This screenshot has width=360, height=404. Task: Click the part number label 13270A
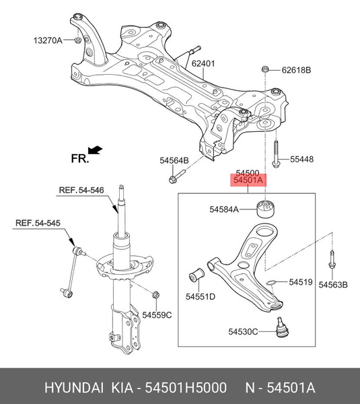[x=48, y=40]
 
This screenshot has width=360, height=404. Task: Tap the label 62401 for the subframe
[x=203, y=63]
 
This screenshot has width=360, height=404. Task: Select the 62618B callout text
[x=296, y=70]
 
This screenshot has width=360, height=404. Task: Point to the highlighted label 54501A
[x=248, y=180]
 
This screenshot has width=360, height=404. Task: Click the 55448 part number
[x=302, y=159]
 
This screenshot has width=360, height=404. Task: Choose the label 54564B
[x=174, y=160]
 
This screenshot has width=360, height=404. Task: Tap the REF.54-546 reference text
[x=81, y=190]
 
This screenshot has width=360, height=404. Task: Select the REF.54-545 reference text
[x=38, y=223]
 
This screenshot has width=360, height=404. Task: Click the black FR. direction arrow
[x=95, y=149]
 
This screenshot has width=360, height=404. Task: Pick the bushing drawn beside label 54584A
[x=266, y=208]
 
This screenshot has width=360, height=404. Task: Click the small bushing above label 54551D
[x=197, y=275]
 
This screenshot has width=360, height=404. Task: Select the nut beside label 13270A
[x=77, y=40]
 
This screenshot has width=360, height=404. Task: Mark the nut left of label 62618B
[x=264, y=69]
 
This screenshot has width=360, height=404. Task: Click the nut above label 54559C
[x=155, y=294]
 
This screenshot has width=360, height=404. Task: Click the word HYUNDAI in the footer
[x=74, y=388]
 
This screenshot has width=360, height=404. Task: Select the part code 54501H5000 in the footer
[x=186, y=388]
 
